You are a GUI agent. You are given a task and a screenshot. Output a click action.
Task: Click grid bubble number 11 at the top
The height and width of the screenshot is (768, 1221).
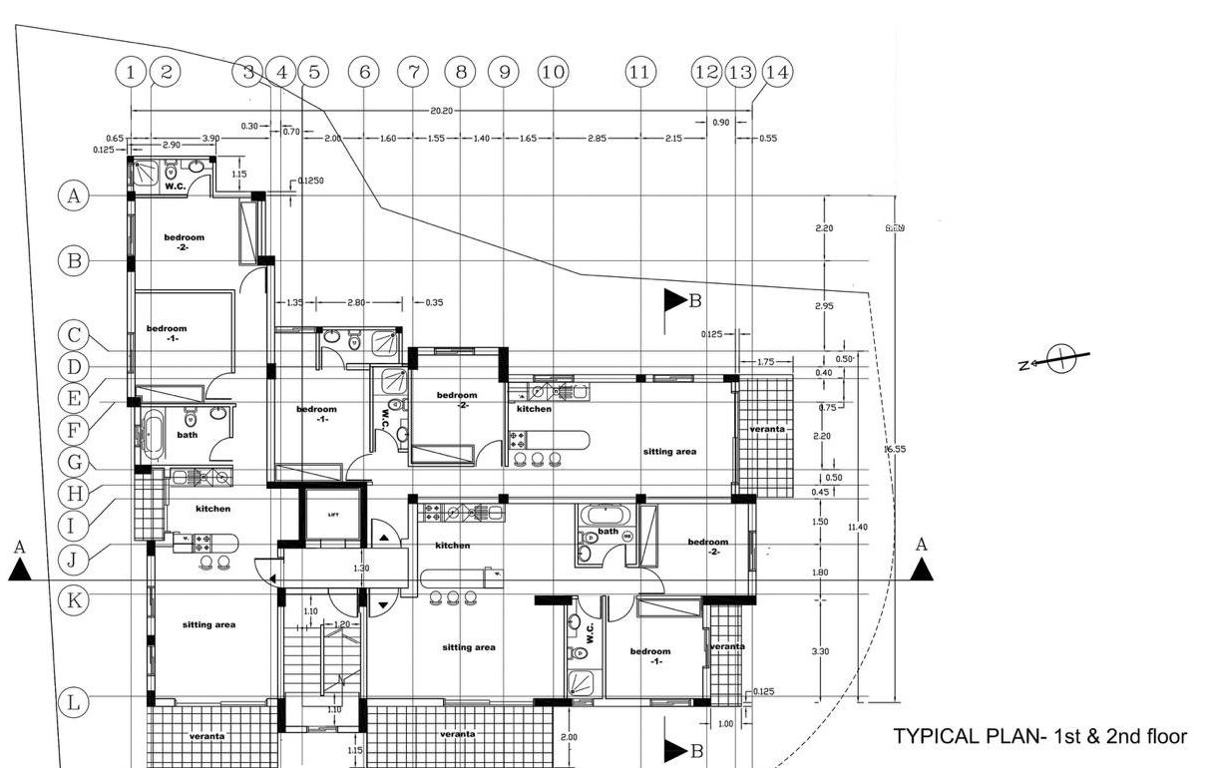(x=639, y=72)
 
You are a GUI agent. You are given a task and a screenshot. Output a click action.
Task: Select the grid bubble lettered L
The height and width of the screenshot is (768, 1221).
(x=74, y=702)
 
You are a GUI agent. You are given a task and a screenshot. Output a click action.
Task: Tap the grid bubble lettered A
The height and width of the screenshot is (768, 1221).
(x=74, y=195)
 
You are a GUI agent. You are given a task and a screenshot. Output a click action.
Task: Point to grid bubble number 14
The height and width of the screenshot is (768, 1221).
(x=777, y=72)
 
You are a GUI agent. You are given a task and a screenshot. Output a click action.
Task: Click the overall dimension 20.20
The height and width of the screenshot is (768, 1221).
(x=442, y=110)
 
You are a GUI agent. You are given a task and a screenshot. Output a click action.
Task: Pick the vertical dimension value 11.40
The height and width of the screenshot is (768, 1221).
(x=857, y=527)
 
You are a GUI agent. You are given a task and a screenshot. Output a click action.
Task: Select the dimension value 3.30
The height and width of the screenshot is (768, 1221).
(x=821, y=651)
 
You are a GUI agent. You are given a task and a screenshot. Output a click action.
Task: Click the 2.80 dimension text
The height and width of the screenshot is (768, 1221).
(x=356, y=302)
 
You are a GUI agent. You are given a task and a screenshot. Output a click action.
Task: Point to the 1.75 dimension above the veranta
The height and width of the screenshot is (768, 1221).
(x=766, y=361)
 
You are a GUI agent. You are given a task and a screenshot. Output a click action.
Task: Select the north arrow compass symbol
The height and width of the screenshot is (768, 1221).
(x=1063, y=358)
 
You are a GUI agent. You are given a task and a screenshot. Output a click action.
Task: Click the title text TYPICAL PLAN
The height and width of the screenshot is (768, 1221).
(x=1039, y=737)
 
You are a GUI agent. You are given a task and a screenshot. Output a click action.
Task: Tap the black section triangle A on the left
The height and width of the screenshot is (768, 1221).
(x=19, y=570)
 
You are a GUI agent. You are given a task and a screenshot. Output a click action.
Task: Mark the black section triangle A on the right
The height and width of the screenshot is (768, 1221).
(x=922, y=569)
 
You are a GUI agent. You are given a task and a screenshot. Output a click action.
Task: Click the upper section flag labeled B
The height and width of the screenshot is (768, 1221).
(x=676, y=300)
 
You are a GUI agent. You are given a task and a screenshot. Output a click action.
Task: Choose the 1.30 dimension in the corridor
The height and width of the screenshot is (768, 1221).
(x=361, y=569)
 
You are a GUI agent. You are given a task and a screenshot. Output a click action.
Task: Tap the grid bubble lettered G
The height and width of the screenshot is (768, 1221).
(x=74, y=462)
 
